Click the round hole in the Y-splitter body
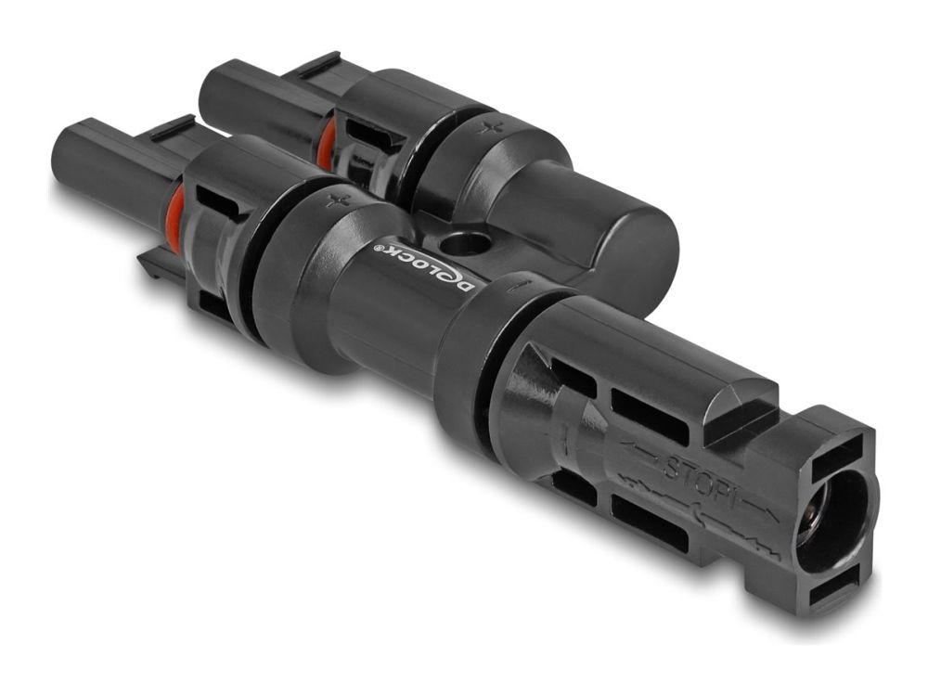point(465,242)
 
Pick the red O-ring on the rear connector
point(325,144)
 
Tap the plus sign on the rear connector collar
point(488,126)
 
